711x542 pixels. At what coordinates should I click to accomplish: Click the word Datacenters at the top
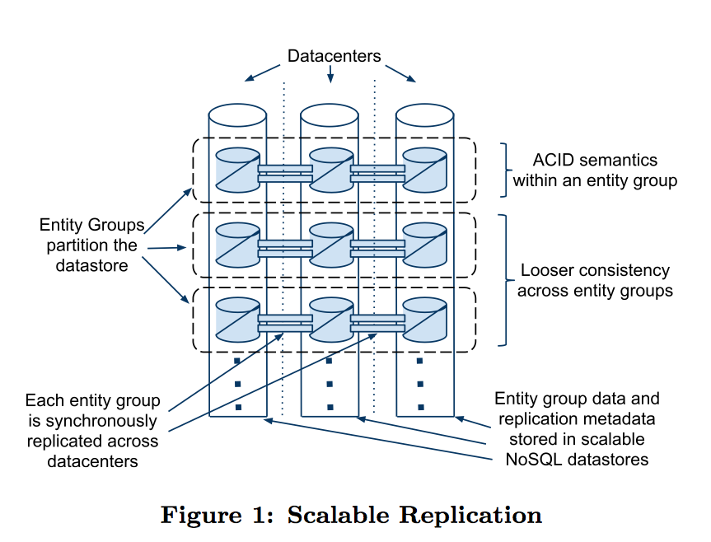[334, 56]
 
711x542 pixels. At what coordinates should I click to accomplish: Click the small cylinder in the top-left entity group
[237, 168]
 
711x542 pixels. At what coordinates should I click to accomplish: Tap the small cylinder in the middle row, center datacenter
[331, 244]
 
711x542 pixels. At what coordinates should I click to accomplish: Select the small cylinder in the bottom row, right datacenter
[424, 319]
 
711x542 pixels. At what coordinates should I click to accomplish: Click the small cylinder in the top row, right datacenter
[424, 168]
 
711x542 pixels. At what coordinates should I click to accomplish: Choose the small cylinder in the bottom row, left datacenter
[237, 319]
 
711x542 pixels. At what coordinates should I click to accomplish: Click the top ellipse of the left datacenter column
[237, 113]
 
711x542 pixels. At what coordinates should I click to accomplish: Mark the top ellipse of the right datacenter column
[425, 113]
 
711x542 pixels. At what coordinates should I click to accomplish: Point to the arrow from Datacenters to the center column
[330, 75]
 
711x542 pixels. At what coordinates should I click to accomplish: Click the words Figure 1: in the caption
[217, 516]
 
